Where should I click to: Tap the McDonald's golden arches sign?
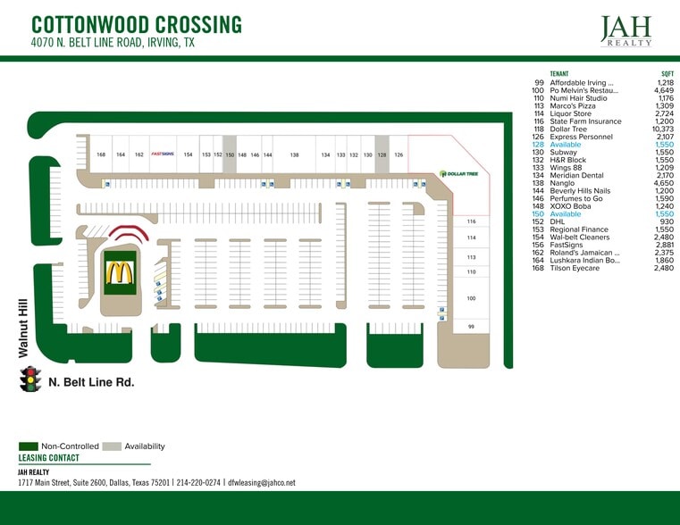(118, 273)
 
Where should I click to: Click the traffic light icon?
(31, 379)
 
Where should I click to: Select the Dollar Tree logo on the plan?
(458, 173)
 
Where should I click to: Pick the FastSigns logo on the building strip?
(161, 154)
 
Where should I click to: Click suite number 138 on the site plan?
(294, 154)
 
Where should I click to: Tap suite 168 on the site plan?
(101, 154)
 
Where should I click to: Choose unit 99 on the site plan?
(471, 327)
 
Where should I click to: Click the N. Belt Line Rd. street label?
(92, 382)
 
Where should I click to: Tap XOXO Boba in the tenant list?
(570, 206)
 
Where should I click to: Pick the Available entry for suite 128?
(566, 144)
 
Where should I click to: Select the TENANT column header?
(559, 74)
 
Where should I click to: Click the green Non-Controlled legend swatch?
(28, 446)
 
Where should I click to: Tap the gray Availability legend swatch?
(111, 446)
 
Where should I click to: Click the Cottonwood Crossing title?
(136, 24)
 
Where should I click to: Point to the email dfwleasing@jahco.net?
(262, 483)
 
